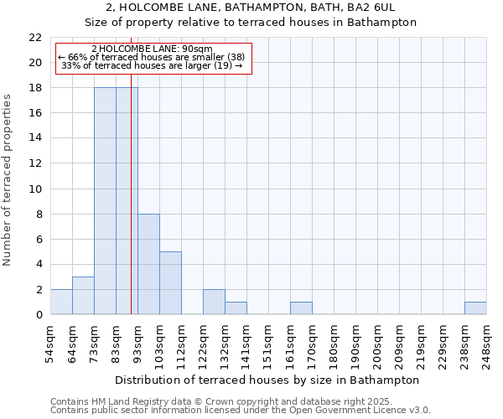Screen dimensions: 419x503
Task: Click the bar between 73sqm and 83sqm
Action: (105, 201)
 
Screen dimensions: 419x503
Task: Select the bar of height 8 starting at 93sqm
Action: (148, 264)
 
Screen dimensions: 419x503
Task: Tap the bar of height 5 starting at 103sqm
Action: (170, 283)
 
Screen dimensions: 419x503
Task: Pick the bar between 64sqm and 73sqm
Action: (83, 296)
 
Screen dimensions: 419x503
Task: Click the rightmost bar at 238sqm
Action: (475, 308)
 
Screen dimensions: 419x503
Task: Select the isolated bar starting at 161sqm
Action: (301, 308)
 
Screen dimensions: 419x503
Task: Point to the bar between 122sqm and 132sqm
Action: (214, 302)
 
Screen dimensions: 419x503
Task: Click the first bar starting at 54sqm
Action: (61, 302)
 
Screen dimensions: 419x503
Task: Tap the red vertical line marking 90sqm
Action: (132, 209)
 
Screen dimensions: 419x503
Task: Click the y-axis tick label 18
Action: (35, 88)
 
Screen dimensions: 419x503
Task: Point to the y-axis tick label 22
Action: (35, 38)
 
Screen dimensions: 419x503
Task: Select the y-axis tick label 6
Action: (39, 239)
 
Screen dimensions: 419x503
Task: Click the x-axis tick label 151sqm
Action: (268, 344)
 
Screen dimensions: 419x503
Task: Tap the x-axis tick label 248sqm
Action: (486, 344)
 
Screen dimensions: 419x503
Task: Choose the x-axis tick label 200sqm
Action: (377, 344)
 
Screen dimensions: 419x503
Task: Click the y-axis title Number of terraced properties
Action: (8, 180)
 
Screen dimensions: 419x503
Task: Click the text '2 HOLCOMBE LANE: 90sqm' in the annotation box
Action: (152, 49)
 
